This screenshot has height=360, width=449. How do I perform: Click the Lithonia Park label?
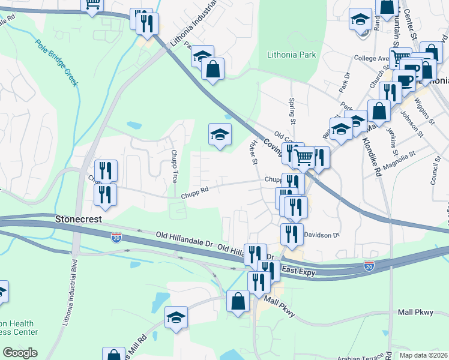pyautogui.click(x=291, y=55)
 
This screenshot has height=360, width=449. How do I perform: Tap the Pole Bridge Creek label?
pyautogui.click(x=56, y=63)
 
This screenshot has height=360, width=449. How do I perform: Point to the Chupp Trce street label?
pyautogui.click(x=174, y=166)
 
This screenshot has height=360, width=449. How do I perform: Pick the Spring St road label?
pyautogui.click(x=293, y=111)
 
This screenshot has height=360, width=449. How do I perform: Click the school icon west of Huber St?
pyautogui.click(x=220, y=134)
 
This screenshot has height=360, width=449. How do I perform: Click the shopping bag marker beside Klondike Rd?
pyautogui.click(x=379, y=110)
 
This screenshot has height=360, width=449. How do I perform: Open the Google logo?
pyautogui.click(x=20, y=353)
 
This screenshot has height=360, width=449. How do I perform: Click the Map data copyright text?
pyautogui.click(x=423, y=355)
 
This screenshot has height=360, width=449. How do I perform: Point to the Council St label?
pyautogui.click(x=435, y=175)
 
